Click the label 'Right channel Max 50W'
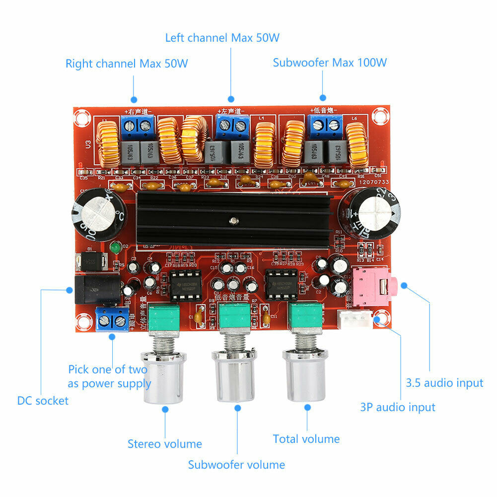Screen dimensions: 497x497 (x=127, y=64)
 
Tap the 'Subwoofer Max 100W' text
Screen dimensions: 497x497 (x=330, y=63)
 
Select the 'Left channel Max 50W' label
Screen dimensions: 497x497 (x=225, y=38)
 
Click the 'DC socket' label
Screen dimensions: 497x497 (x=43, y=401)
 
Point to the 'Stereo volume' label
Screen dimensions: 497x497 (x=164, y=444)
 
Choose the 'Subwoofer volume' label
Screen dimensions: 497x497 (x=236, y=465)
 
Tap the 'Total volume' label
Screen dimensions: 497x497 (x=306, y=439)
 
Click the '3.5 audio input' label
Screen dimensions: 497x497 (x=444, y=383)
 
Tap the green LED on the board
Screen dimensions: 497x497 (x=115, y=247)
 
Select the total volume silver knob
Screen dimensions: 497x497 (x=305, y=373)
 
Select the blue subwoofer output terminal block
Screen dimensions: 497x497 (x=326, y=127)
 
